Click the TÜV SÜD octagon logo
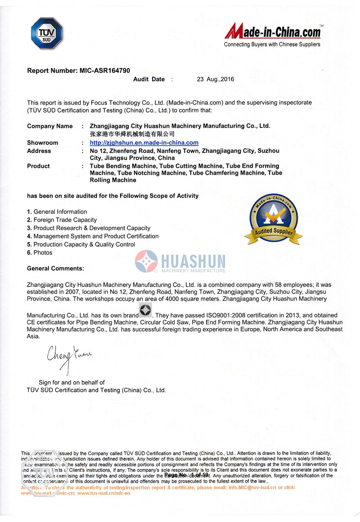(46, 33)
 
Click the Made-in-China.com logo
(273, 34)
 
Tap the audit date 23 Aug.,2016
(216, 79)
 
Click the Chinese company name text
(132, 134)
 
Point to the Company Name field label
(49, 126)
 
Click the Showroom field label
(43, 143)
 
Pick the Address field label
(39, 151)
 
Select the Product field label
(38, 166)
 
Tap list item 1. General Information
(57, 211)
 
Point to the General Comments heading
(55, 268)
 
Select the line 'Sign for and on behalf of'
(72, 382)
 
